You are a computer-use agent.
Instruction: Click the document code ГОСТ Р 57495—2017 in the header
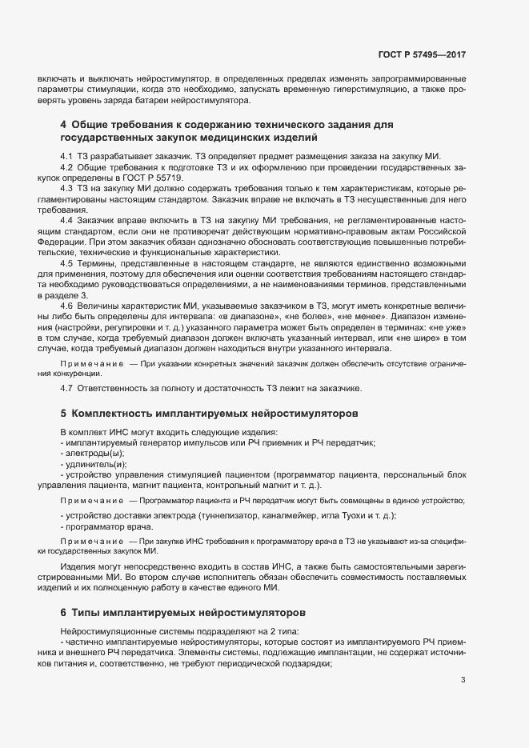coord(422,55)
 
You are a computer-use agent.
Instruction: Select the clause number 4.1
coord(67,155)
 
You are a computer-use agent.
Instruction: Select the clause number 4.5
coord(67,262)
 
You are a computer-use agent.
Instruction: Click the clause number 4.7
coord(67,389)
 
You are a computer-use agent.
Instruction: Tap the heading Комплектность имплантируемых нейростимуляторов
coord(214,414)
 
